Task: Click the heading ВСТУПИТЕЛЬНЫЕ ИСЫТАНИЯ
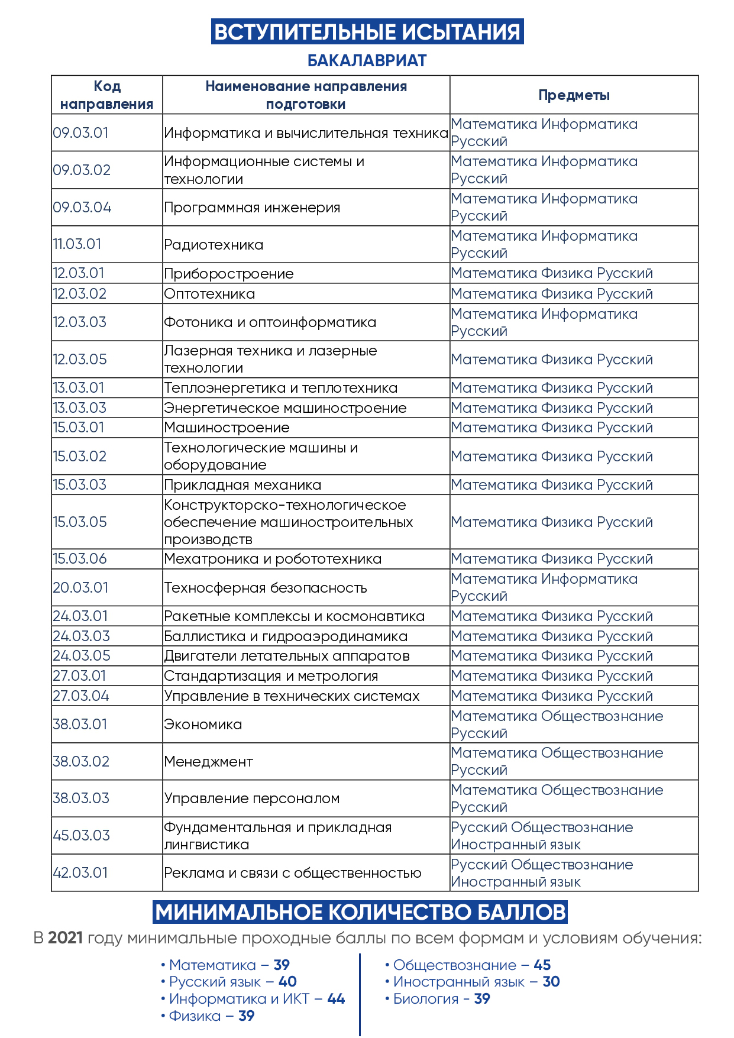click(367, 32)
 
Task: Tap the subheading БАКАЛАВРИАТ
click(367, 61)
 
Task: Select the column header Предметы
click(574, 95)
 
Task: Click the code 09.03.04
click(82, 208)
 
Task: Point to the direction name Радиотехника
click(214, 245)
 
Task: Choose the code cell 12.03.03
click(80, 322)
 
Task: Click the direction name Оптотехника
click(209, 294)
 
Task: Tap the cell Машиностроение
click(227, 428)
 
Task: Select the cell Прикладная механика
click(242, 485)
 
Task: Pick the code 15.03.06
click(80, 559)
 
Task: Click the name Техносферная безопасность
click(266, 588)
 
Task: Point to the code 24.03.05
click(82, 656)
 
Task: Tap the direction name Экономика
click(203, 725)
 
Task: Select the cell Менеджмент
click(208, 762)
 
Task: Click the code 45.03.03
click(82, 836)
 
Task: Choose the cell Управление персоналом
click(252, 798)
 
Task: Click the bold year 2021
click(65, 938)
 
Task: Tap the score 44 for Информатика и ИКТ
click(336, 999)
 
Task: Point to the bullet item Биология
click(426, 999)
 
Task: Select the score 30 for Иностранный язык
click(551, 982)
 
